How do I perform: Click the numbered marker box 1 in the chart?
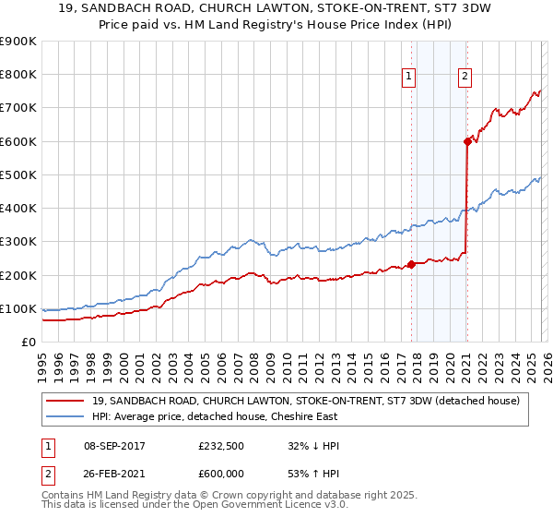coord(408,77)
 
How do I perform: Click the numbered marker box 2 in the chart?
coord(465,77)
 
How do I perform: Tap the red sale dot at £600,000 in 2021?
coord(467,141)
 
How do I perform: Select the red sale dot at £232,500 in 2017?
coord(411,264)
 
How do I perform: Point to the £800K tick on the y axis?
coord(18,75)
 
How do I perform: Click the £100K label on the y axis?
coord(18,308)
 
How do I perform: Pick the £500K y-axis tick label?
coord(18,174)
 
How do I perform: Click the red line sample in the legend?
coord(65,401)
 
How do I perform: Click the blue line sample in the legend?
coord(65,416)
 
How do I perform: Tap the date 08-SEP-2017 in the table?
coord(113,446)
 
